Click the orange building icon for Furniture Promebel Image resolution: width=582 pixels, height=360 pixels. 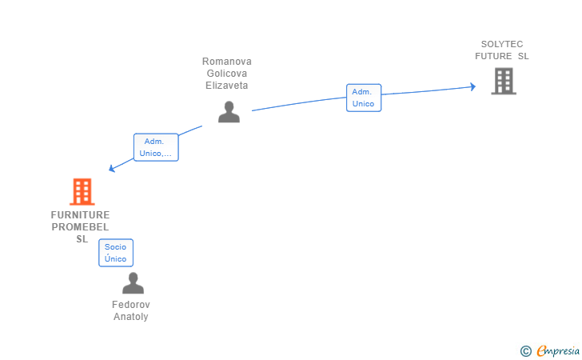tap(82, 192)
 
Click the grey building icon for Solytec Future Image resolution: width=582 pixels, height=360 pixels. tap(504, 81)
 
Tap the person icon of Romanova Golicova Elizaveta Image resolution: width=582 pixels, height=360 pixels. tap(229, 112)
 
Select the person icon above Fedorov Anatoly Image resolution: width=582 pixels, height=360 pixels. tap(133, 283)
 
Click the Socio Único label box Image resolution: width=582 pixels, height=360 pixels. tap(116, 253)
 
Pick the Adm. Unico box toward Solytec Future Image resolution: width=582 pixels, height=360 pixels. tap(364, 98)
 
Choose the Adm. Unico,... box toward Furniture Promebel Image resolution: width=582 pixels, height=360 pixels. tap(156, 147)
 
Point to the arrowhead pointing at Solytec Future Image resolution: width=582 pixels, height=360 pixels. tap(473, 87)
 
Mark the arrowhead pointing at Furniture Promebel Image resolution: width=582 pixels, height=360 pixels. tap(111, 169)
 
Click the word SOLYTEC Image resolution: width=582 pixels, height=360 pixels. tap(502, 44)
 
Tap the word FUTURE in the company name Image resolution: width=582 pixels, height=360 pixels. tap(493, 56)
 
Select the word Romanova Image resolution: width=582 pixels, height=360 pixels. tap(227, 62)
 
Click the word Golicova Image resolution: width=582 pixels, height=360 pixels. tap(227, 73)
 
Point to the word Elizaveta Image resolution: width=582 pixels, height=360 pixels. tap(227, 86)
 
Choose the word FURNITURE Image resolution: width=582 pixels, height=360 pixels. tap(80, 215)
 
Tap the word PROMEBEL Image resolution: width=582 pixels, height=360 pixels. tap(80, 227)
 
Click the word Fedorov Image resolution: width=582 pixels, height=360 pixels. tap(131, 305)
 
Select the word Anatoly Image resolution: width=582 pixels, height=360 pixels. tap(131, 317)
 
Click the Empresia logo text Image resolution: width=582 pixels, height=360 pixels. tap(558, 351)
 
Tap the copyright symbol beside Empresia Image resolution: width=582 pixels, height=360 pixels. tap(525, 351)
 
